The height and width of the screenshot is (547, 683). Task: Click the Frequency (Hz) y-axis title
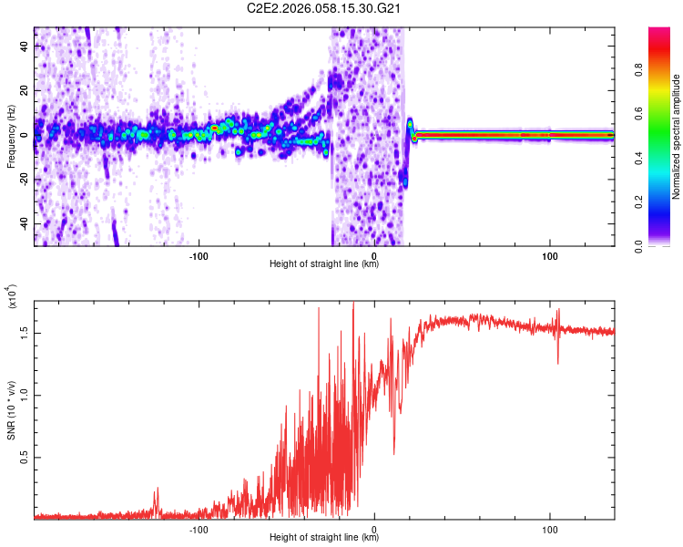click(11, 137)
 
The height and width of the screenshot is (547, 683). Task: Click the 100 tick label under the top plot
click(550, 255)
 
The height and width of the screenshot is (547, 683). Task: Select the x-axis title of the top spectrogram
click(324, 264)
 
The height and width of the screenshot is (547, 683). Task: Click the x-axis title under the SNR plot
click(324, 538)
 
